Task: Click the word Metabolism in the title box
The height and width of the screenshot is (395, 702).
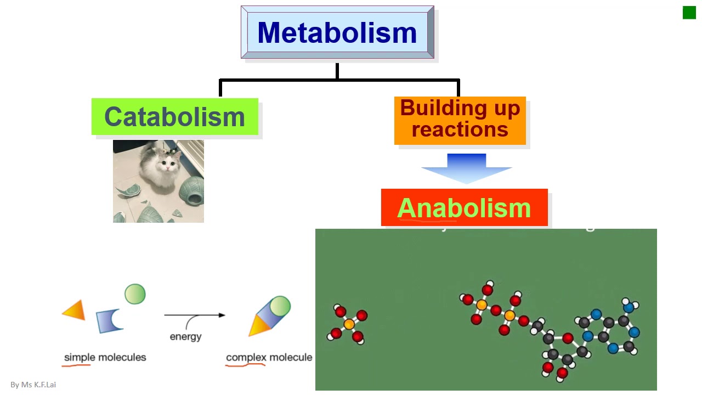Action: tap(337, 33)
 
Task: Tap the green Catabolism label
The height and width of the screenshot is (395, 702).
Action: tap(174, 117)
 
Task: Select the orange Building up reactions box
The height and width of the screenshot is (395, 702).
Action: tap(460, 120)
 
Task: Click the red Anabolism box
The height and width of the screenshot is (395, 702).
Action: tap(464, 208)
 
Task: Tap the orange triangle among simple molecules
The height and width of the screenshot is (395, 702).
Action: tap(75, 311)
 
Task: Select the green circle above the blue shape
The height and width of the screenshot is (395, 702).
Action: tap(135, 294)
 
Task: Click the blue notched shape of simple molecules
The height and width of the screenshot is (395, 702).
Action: tap(110, 321)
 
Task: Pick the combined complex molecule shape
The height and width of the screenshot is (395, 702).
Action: tap(270, 316)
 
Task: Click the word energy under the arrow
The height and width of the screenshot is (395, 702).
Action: tap(185, 336)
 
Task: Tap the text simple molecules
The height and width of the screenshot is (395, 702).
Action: tap(105, 357)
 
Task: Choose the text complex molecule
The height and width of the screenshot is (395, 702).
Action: tap(269, 357)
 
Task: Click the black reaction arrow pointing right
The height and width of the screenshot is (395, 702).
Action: tap(195, 315)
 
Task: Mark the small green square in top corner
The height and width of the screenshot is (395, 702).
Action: tap(689, 13)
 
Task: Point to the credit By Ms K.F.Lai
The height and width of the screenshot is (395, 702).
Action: tap(33, 385)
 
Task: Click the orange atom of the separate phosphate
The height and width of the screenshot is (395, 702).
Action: tap(349, 324)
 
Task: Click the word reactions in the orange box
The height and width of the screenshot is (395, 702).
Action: tap(460, 129)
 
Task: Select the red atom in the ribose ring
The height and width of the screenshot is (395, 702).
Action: tap(568, 338)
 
